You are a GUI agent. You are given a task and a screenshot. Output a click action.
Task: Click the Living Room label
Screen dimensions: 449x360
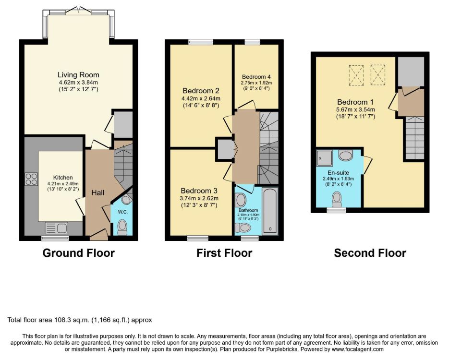[x=78, y=75]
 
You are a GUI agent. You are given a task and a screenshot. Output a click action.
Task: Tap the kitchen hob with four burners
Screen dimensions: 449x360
[x=31, y=179]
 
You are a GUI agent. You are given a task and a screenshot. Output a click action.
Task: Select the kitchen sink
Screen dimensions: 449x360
[x=56, y=228]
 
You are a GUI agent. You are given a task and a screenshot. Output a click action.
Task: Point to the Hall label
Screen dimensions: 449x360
[x=98, y=193]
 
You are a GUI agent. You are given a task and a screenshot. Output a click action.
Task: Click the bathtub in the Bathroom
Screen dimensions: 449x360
[x=270, y=211]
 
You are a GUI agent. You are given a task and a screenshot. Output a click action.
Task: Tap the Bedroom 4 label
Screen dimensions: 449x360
[x=256, y=77]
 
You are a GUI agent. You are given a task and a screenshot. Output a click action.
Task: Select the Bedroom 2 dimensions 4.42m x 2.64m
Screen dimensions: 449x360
[x=201, y=98]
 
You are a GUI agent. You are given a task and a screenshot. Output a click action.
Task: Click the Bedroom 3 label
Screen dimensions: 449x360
[x=199, y=191]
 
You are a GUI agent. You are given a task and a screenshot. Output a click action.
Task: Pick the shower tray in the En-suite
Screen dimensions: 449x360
[x=325, y=158]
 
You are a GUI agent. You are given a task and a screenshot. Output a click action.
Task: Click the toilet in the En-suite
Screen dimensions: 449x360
[x=337, y=199]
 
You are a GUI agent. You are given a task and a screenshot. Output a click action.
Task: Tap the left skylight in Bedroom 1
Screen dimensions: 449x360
[x=356, y=75]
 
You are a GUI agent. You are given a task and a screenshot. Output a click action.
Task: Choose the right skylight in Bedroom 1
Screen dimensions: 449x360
[x=378, y=75]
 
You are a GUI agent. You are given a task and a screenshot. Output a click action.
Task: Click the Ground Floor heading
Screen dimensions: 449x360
[x=79, y=253]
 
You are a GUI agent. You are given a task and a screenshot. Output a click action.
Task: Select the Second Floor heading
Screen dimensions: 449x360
[x=370, y=253]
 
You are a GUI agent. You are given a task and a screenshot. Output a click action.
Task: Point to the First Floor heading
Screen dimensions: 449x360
[x=224, y=253]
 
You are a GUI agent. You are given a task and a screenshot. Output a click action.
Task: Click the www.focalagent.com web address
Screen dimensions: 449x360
[x=357, y=349]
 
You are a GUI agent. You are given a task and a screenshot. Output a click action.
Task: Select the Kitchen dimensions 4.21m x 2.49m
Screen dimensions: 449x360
[x=63, y=184]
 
